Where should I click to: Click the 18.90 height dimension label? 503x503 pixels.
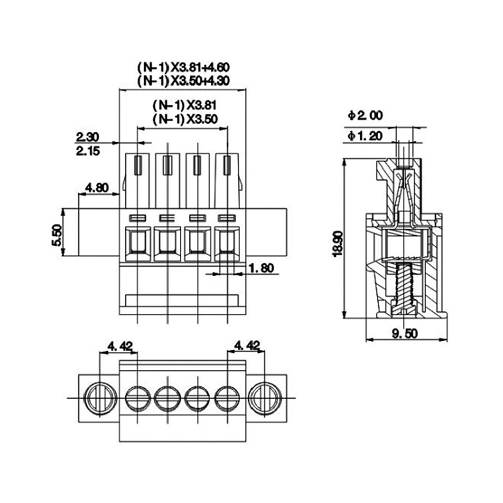point(338,244)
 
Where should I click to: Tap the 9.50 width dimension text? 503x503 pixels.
point(405,333)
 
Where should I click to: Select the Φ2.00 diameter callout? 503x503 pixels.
point(365,115)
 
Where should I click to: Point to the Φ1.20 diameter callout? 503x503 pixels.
point(365,136)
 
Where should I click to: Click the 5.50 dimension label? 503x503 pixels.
point(57,235)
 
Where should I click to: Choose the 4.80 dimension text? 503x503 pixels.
point(97,187)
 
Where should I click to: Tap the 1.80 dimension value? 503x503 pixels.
point(262,268)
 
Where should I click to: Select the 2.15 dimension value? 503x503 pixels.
point(88,151)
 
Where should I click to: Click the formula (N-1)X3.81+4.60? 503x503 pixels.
point(184,68)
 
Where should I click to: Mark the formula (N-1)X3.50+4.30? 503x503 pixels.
point(184,81)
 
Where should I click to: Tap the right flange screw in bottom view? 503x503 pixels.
point(265,398)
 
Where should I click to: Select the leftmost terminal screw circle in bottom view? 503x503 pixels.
point(137,398)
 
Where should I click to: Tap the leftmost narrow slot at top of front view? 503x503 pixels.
point(138,165)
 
